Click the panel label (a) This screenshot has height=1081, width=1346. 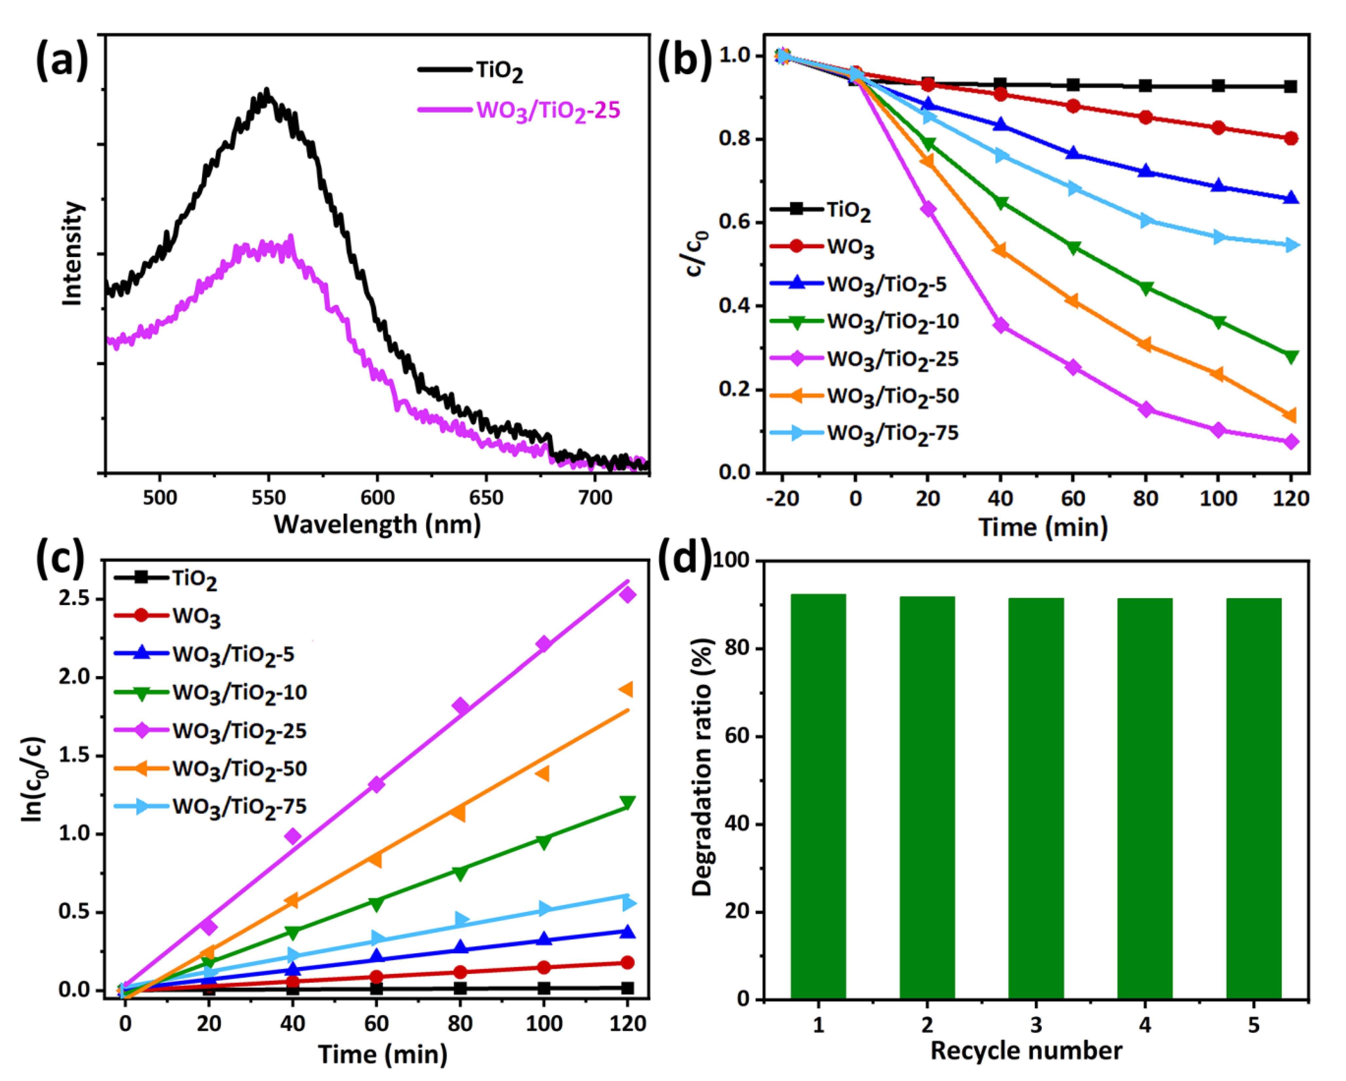(x=61, y=61)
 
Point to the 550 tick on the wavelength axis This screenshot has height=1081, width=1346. (x=269, y=497)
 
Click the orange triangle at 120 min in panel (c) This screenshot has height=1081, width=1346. (x=626, y=689)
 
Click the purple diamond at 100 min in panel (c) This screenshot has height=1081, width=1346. (x=543, y=644)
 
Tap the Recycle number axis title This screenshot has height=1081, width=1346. (x=1026, y=1051)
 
